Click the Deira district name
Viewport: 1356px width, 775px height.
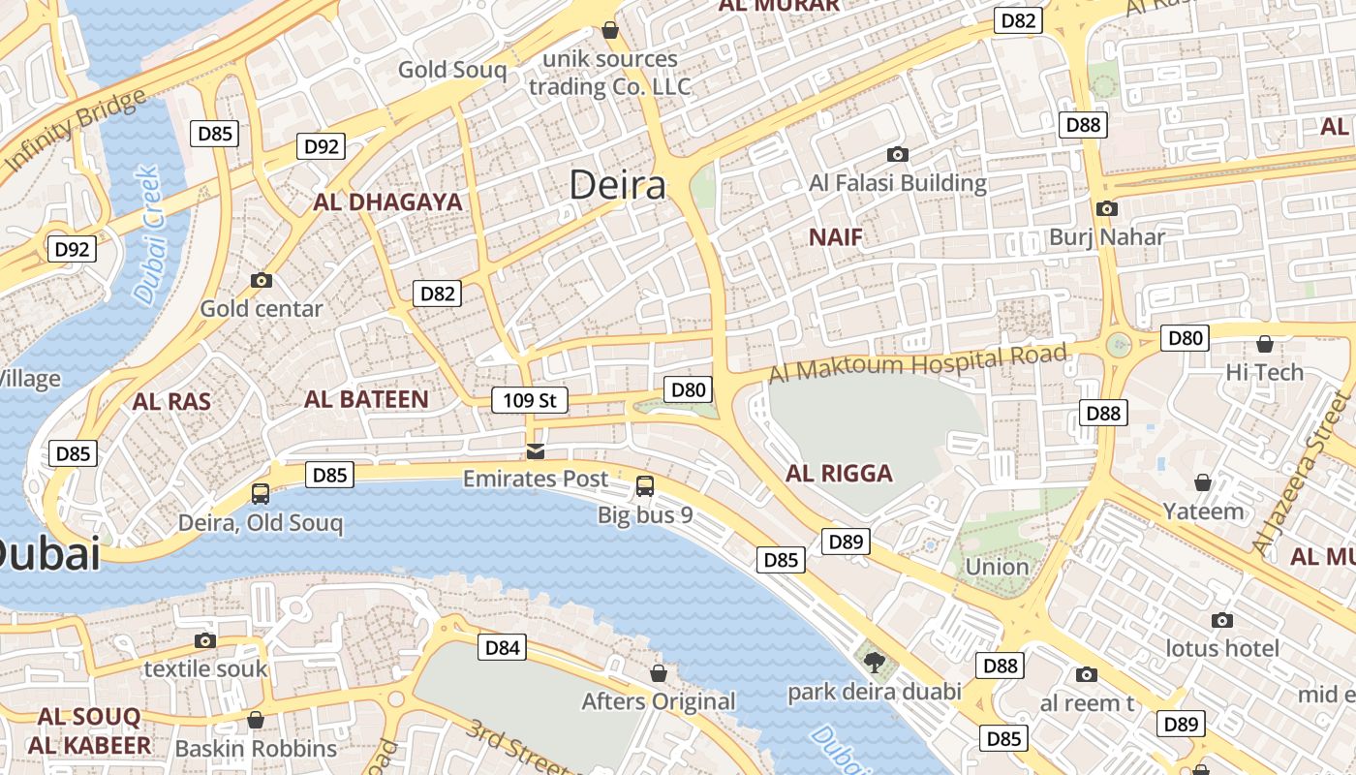617,184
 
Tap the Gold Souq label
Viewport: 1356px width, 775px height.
452,70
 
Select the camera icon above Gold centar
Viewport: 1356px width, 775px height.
261,281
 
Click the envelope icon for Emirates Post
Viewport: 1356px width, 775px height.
535,451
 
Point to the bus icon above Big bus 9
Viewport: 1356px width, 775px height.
645,486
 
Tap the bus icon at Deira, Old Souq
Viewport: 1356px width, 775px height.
261,494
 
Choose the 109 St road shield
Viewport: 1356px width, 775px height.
529,399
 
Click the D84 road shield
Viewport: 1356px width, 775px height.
503,647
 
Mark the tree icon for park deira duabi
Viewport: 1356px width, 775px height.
874,664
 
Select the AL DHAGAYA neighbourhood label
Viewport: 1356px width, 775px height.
387,202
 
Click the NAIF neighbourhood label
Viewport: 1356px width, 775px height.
835,237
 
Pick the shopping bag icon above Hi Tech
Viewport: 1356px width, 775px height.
1264,344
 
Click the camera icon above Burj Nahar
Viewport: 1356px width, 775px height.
1106,208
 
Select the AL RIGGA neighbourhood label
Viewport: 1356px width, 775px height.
839,474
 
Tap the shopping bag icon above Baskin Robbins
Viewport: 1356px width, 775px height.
256,720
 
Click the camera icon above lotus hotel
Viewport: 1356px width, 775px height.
1222,620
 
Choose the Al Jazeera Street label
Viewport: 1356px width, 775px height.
1302,475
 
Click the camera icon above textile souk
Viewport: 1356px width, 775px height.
204,640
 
